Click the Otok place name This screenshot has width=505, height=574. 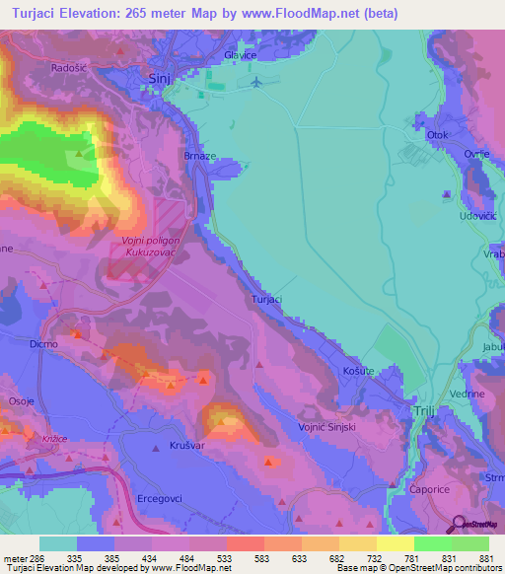click(438, 134)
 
